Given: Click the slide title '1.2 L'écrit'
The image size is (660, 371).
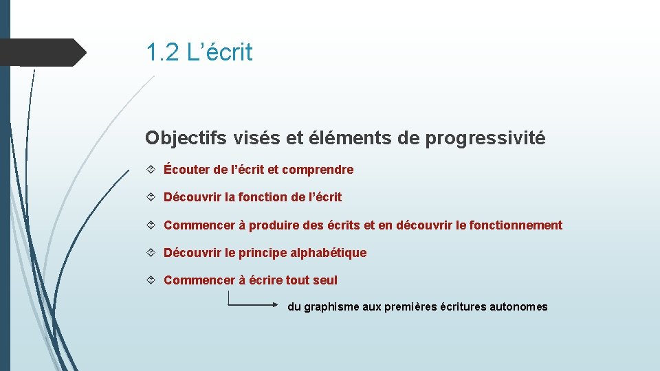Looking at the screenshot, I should pyautogui.click(x=199, y=52).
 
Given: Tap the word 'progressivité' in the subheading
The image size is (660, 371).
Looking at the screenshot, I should pyautogui.click(x=485, y=138).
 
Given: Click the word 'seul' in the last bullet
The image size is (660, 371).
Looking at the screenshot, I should pyautogui.click(x=325, y=280).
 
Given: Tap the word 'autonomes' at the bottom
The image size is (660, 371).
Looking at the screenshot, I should pyautogui.click(x=518, y=307).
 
